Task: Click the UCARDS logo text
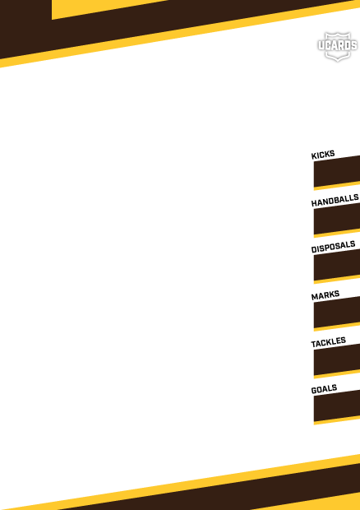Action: (x=338, y=46)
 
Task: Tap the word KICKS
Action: (x=323, y=155)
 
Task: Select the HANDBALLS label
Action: (x=335, y=200)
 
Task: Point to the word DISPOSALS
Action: (x=333, y=247)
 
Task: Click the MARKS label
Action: (x=325, y=294)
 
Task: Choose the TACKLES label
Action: (x=328, y=342)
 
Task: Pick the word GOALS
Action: (x=324, y=389)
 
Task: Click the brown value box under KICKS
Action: (x=337, y=172)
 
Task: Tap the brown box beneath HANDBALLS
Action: (x=337, y=219)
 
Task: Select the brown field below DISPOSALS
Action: (x=337, y=265)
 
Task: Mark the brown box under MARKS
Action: (x=337, y=313)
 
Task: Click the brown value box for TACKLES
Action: (x=337, y=359)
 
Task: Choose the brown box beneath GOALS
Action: (x=337, y=406)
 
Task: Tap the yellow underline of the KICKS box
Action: (x=337, y=186)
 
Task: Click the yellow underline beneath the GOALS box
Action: (x=337, y=420)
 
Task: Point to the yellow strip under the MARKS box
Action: (x=337, y=327)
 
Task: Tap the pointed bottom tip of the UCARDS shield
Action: (x=338, y=59)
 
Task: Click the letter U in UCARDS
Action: (x=321, y=46)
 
